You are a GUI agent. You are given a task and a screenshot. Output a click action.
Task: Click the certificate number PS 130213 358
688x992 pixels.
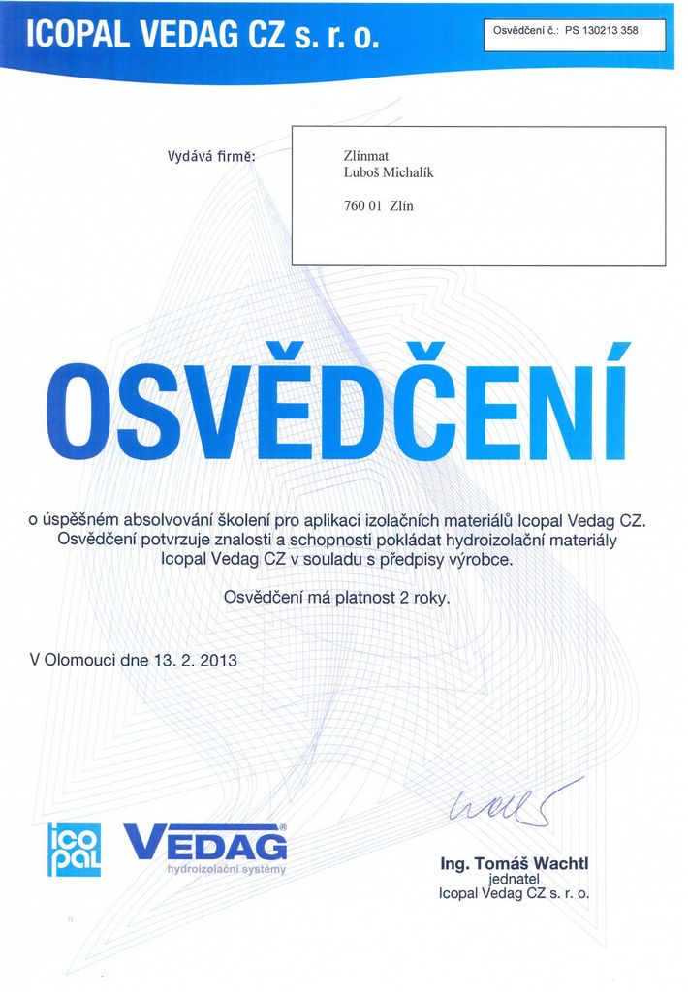(x=601, y=30)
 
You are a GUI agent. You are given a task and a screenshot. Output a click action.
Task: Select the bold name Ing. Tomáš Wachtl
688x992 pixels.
(x=514, y=863)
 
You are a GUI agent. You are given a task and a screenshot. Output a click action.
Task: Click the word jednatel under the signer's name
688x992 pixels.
(x=514, y=879)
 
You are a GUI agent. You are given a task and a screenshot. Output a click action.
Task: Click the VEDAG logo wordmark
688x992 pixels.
(x=205, y=842)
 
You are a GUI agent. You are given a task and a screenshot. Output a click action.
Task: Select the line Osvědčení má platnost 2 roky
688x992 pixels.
(x=337, y=598)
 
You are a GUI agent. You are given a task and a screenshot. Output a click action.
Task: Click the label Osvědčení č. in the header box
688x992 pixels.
(x=523, y=30)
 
